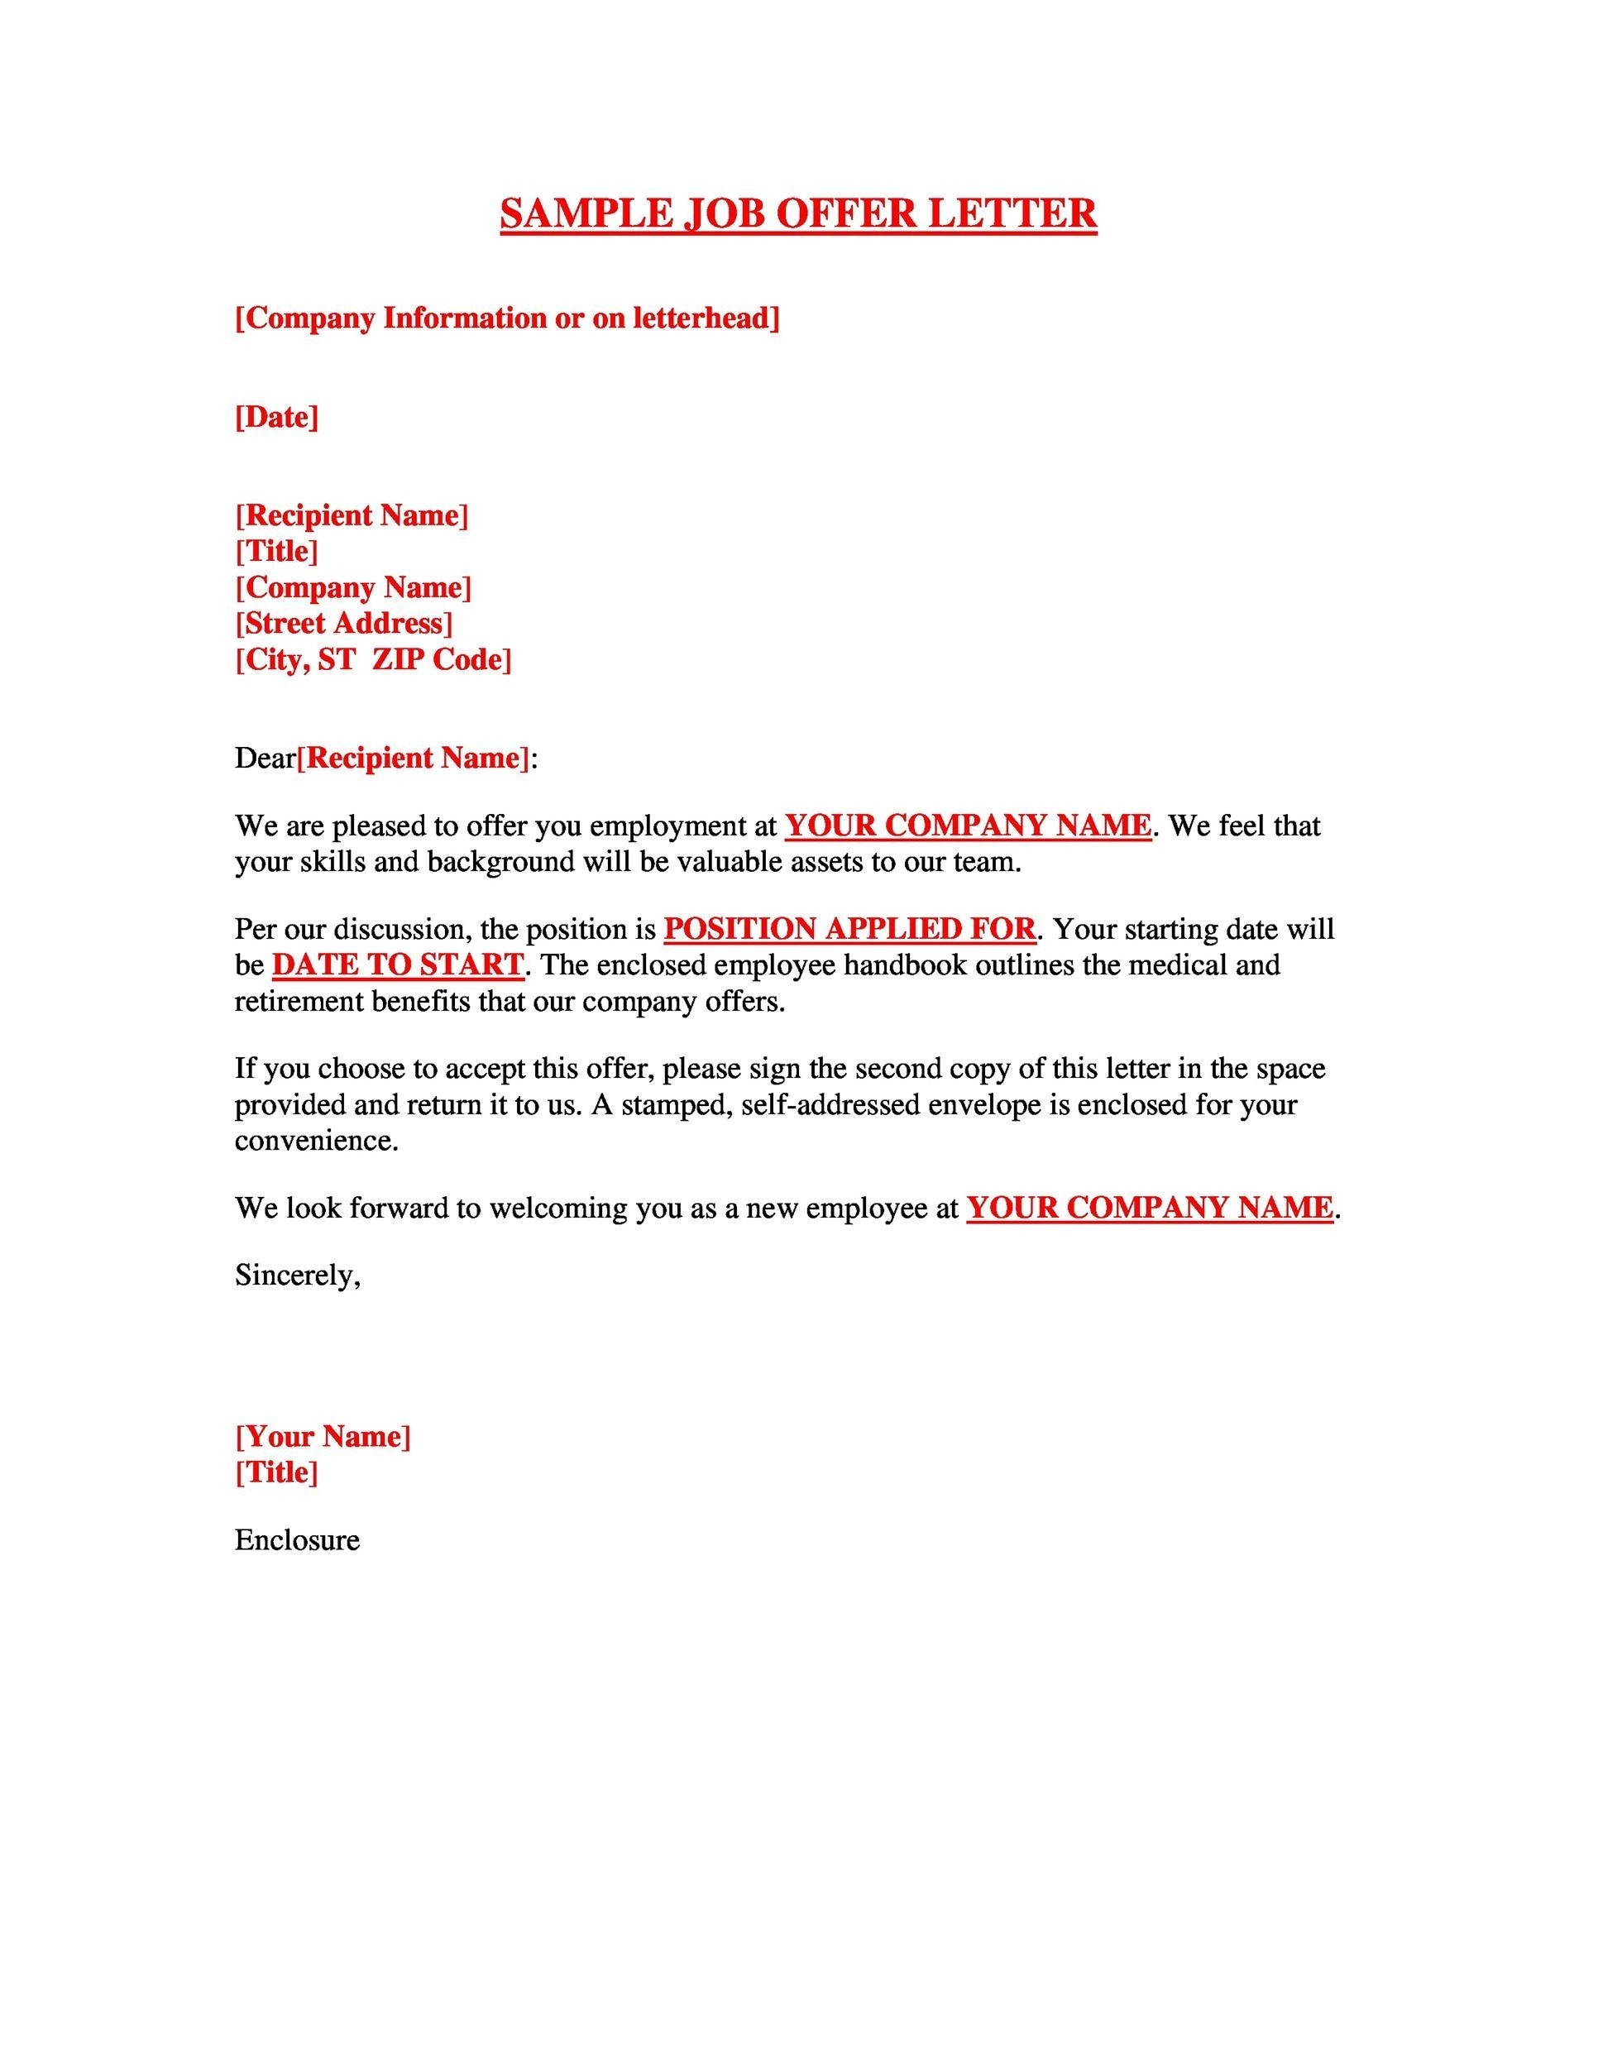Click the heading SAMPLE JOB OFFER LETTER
tap(798, 214)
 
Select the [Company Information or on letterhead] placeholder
tap(507, 318)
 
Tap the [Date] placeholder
tap(276, 417)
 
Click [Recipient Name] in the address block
tap(352, 515)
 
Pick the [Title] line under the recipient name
tap(276, 551)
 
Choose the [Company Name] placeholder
tap(353, 587)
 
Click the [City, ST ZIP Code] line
tap(373, 659)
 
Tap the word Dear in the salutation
tap(265, 758)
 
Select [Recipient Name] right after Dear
tap(414, 758)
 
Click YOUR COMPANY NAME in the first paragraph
tap(968, 826)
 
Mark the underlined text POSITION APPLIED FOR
tap(849, 929)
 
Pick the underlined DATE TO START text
tap(398, 965)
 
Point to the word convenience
tap(316, 1141)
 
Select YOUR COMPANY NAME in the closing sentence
tap(1149, 1209)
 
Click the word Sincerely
tap(297, 1276)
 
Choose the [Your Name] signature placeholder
tap(323, 1436)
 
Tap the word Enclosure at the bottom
tap(297, 1539)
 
